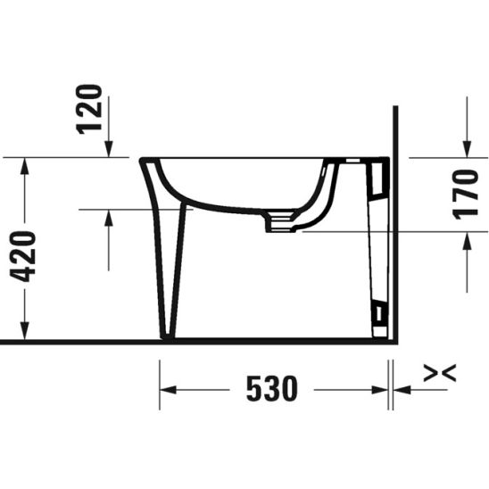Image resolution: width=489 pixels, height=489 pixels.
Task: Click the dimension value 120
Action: click(x=91, y=108)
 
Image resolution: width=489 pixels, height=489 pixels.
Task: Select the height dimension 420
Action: click(x=26, y=255)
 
